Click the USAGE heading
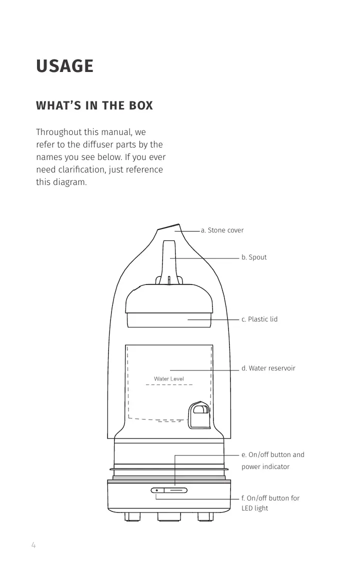point(64,66)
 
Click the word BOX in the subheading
point(140,106)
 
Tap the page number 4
point(33,545)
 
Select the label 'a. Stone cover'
point(222,230)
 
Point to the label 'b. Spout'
point(254,257)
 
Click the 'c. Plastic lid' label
point(259,319)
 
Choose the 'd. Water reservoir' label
point(268,368)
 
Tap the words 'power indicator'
point(265,467)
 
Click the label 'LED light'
point(254,508)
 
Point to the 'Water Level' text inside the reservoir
point(168,378)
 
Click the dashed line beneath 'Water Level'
point(168,385)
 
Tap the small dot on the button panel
point(156,490)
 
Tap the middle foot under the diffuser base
point(168,516)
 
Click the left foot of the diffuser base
point(132,516)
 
